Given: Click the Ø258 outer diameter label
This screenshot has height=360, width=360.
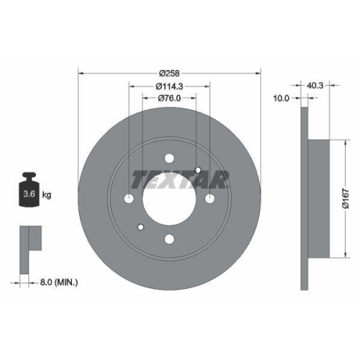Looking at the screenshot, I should click(169, 73).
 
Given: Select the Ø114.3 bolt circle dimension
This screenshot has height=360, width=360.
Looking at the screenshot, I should click(169, 85).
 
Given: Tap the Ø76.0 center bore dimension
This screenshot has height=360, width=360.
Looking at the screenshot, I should click(169, 99).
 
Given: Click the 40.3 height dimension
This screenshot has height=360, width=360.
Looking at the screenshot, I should click(315, 86).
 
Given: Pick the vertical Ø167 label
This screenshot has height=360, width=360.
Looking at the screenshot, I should click(346, 195).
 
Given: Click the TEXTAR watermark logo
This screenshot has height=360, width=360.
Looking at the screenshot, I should click(180, 178).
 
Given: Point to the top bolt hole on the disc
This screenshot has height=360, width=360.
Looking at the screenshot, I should click(169, 159).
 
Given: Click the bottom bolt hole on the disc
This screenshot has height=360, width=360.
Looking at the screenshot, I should click(169, 240).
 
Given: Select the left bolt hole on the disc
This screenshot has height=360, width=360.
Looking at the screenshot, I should click(130, 199).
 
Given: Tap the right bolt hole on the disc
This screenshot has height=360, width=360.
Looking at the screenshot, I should click(210, 199).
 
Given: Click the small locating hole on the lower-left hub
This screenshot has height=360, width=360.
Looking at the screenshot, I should click(141, 228).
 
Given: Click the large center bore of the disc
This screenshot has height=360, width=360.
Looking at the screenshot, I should click(169, 199).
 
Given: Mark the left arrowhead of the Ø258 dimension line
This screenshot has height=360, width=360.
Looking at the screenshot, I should click(79, 73).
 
